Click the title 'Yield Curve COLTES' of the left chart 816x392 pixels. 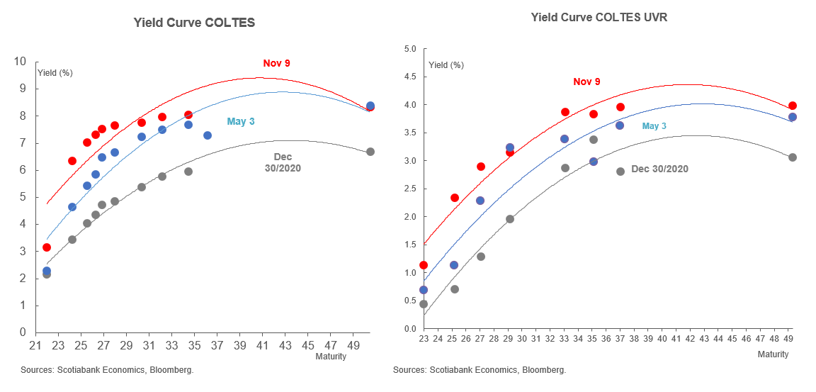pos(194,23)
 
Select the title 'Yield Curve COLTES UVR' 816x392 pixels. pos(599,17)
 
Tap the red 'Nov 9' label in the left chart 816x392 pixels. pos(276,63)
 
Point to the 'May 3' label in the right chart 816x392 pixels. pos(654,126)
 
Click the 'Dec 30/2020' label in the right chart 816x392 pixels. pos(659,169)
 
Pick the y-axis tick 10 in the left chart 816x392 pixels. pos(21,62)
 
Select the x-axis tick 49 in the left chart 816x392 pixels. pos(353,345)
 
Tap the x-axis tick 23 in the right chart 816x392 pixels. pos(424,340)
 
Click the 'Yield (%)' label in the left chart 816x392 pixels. pos(55,72)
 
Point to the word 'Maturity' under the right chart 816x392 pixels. pos(773,354)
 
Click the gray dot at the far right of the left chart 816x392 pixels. pos(370,152)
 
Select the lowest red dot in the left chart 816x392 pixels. pos(47,247)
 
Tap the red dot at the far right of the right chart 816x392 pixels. pos(793,106)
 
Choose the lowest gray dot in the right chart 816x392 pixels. pos(424,304)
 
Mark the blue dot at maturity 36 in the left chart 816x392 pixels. pos(208,135)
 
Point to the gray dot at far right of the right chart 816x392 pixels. pos(793,157)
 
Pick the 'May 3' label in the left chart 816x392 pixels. pos(241,121)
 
